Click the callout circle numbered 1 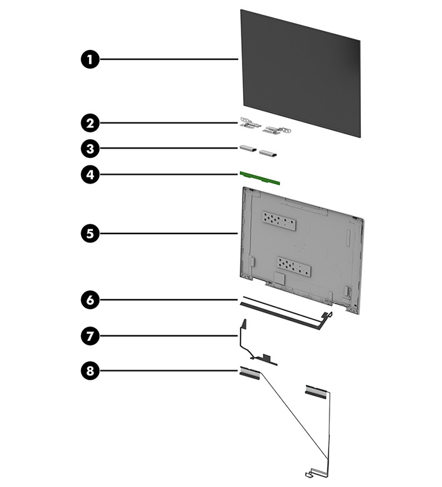[90, 59]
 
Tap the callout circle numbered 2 [90, 122]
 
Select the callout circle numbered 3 [90, 149]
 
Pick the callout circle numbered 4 [90, 175]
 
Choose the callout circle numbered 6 [90, 300]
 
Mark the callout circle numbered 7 [90, 336]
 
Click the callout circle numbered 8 [90, 371]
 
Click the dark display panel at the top [299, 72]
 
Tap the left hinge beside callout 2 [248, 124]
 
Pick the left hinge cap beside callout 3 [247, 149]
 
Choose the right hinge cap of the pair [269, 153]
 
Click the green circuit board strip [260, 179]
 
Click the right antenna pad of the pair [315, 390]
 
